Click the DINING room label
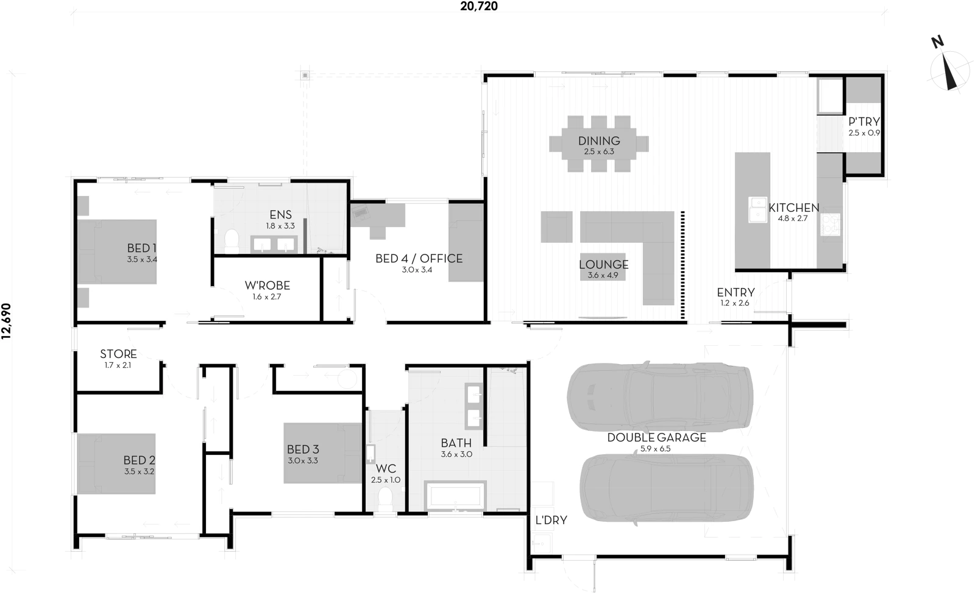click(x=599, y=141)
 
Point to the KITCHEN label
click(x=793, y=208)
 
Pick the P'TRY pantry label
click(x=864, y=122)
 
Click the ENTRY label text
click(x=736, y=292)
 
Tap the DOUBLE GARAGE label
click(x=656, y=437)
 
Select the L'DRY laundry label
click(x=551, y=520)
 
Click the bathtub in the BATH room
click(x=456, y=495)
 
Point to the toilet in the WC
click(x=385, y=500)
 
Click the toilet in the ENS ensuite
click(x=231, y=240)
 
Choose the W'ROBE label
click(x=267, y=286)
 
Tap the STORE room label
click(x=118, y=354)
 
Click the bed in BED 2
click(x=115, y=463)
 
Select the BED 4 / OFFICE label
click(x=419, y=258)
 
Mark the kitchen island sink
click(x=757, y=210)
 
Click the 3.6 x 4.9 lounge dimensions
click(x=603, y=275)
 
